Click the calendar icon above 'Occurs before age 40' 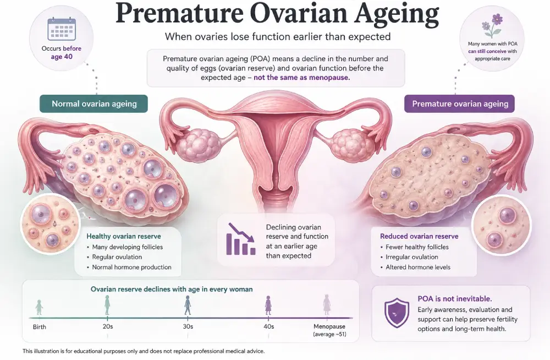62,29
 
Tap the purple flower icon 492,26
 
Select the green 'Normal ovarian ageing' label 94,103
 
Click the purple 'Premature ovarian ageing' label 459,103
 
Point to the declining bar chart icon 241,239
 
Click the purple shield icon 397,313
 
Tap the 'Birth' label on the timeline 39,326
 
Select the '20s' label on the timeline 108,326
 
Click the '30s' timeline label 188,326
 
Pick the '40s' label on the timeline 269,326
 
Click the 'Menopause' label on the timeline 329,326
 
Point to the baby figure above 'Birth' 39,307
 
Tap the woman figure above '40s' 268,305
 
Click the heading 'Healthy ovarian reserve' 124,236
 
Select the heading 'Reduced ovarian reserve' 419,236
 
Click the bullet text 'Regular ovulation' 117,257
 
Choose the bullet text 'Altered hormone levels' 418,268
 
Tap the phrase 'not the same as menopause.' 301,78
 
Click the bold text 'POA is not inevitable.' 455,299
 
